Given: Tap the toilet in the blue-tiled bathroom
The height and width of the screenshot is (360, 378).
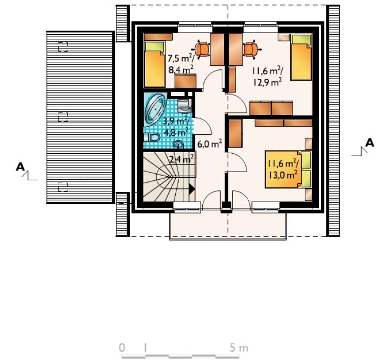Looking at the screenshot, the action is point(153,138).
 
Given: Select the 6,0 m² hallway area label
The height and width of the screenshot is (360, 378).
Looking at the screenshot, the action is point(209,143).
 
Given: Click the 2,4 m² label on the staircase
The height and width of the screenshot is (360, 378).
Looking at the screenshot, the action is point(181,159).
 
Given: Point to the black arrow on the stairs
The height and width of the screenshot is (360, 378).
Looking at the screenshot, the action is point(192,189).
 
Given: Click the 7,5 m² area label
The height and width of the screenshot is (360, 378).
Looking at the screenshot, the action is point(181,59).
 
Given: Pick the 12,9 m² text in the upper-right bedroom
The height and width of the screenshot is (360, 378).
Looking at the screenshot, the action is point(267,82).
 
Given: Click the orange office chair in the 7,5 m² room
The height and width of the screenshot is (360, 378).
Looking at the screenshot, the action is point(202,50).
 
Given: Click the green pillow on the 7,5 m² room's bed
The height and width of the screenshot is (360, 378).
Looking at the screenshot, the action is point(155,46).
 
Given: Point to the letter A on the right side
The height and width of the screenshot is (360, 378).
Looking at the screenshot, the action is point(370,142).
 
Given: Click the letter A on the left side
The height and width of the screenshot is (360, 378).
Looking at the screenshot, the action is point(20,167).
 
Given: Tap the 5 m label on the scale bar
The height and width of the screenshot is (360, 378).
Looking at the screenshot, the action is point(239,348).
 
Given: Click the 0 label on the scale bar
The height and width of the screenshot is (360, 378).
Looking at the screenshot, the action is point(122,348).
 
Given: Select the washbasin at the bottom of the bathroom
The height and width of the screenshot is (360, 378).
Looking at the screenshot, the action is point(178,145).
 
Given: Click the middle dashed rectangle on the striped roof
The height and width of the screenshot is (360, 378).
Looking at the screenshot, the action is point(63,117).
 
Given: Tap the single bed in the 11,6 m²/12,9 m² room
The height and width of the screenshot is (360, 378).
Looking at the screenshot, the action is point(301,57).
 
